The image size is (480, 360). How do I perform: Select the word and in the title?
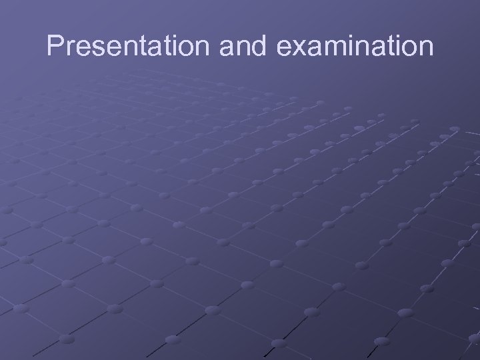click(x=233, y=47)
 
